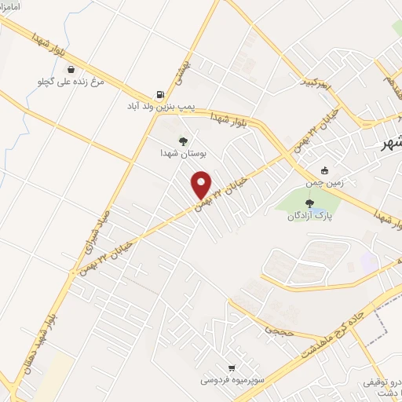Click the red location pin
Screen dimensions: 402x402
[202, 185]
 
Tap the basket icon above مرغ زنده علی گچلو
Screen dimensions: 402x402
[71, 69]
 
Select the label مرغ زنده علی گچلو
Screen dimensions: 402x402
[71, 81]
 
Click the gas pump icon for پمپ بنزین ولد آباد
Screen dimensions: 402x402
[161, 93]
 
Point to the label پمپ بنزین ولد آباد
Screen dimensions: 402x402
[162, 105]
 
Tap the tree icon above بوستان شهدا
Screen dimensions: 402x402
[183, 141]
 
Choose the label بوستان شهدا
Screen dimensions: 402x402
[183, 154]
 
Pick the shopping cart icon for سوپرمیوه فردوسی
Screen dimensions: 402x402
[231, 367]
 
